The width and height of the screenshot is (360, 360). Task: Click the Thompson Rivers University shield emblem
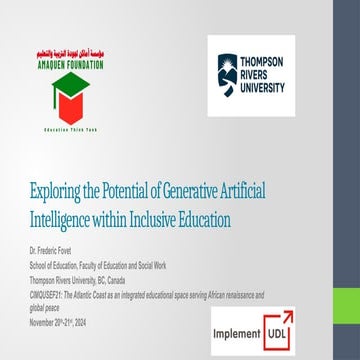click(227, 76)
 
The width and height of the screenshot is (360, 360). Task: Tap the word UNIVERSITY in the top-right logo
click(264, 88)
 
